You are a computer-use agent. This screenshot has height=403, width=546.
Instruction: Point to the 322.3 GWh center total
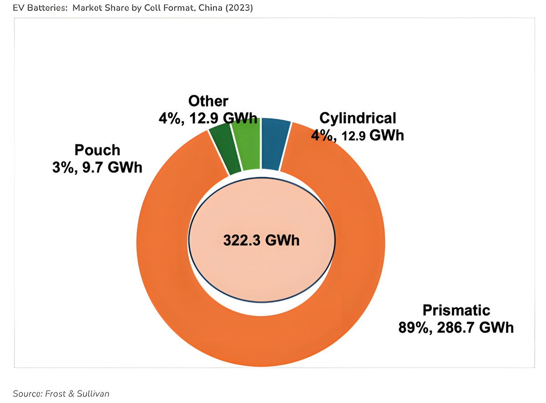261,240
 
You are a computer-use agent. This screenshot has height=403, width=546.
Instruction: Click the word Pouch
97,150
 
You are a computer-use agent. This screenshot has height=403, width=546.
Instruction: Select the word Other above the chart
208,101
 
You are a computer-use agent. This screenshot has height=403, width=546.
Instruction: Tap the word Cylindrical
358,118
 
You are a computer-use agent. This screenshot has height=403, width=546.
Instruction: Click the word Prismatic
456,310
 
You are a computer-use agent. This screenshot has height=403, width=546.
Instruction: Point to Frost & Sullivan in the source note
78,393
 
